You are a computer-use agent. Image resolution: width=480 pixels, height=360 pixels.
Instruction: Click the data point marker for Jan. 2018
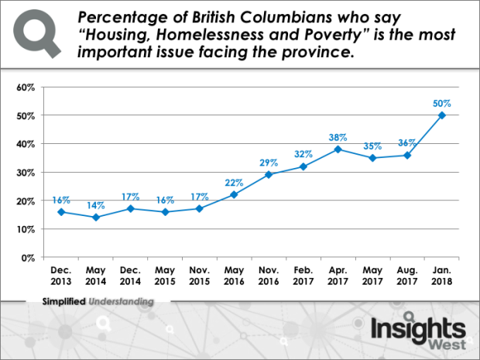[441, 115]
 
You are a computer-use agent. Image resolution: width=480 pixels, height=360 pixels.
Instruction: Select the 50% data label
[441, 103]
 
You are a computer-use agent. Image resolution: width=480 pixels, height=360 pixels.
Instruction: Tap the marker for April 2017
[338, 149]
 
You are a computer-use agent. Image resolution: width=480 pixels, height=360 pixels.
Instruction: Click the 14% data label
[94, 206]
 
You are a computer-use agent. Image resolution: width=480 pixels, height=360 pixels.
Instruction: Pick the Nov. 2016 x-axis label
[269, 274]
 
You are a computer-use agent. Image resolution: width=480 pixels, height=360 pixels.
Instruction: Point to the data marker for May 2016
[234, 194]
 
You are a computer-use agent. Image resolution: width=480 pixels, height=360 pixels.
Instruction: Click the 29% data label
[269, 163]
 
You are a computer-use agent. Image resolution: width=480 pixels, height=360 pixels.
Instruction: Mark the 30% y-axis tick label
[26, 172]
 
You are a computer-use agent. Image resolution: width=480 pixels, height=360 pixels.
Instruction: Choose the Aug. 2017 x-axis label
[406, 274]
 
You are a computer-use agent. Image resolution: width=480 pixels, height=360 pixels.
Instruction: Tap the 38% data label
[338, 136]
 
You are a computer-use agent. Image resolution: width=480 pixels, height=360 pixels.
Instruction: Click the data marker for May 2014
[94, 218]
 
